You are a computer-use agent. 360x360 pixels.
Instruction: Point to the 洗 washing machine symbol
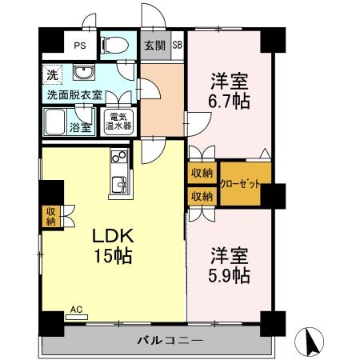(x=51, y=76)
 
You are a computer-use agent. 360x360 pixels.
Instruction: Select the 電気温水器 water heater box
(x=118, y=125)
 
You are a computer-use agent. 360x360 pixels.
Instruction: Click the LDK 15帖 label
(x=110, y=246)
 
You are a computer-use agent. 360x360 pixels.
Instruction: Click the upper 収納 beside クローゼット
(x=202, y=173)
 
